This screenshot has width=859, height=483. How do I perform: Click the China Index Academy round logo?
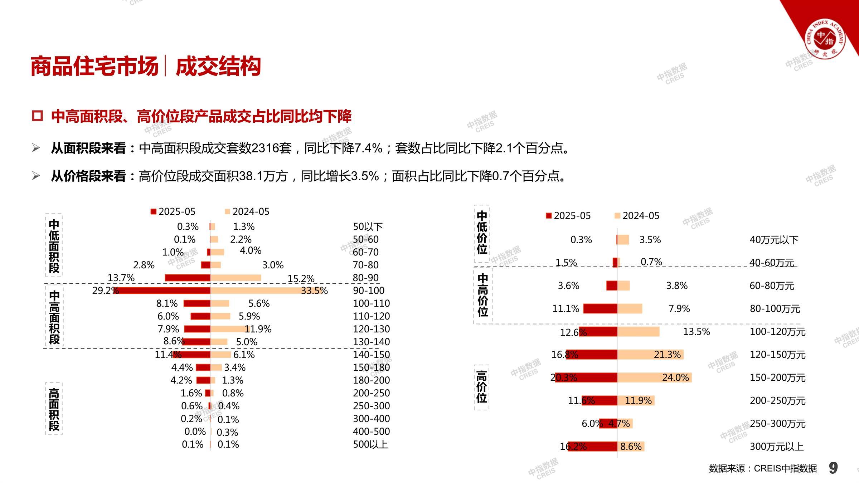[x=825, y=39]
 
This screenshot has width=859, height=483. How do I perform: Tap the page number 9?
[x=833, y=468]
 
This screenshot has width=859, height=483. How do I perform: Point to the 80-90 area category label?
[x=365, y=278]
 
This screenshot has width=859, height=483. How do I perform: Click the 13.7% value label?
[x=121, y=278]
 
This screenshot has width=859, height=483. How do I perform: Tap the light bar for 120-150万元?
[x=650, y=355]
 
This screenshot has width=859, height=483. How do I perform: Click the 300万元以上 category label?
[x=776, y=447]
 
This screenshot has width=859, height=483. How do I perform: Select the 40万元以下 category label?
[x=774, y=240]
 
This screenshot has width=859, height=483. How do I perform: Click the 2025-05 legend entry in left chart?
[x=173, y=211]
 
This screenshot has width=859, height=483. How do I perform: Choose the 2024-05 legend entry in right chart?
[x=637, y=216]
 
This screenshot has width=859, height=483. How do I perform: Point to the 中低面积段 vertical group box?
[x=54, y=246]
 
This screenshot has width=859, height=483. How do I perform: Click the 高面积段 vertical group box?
[x=54, y=409]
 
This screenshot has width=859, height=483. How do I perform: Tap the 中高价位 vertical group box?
[x=483, y=295]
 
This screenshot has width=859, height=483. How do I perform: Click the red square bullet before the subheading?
[x=37, y=116]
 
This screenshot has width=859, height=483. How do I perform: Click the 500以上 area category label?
[x=370, y=444]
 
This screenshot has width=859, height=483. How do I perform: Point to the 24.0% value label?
[x=675, y=377]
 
